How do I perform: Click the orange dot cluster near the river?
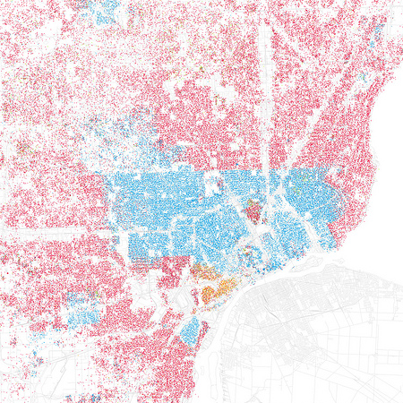[x=215, y=290]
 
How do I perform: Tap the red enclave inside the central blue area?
[x=253, y=213]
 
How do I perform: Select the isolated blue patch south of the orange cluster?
[x=190, y=330]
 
